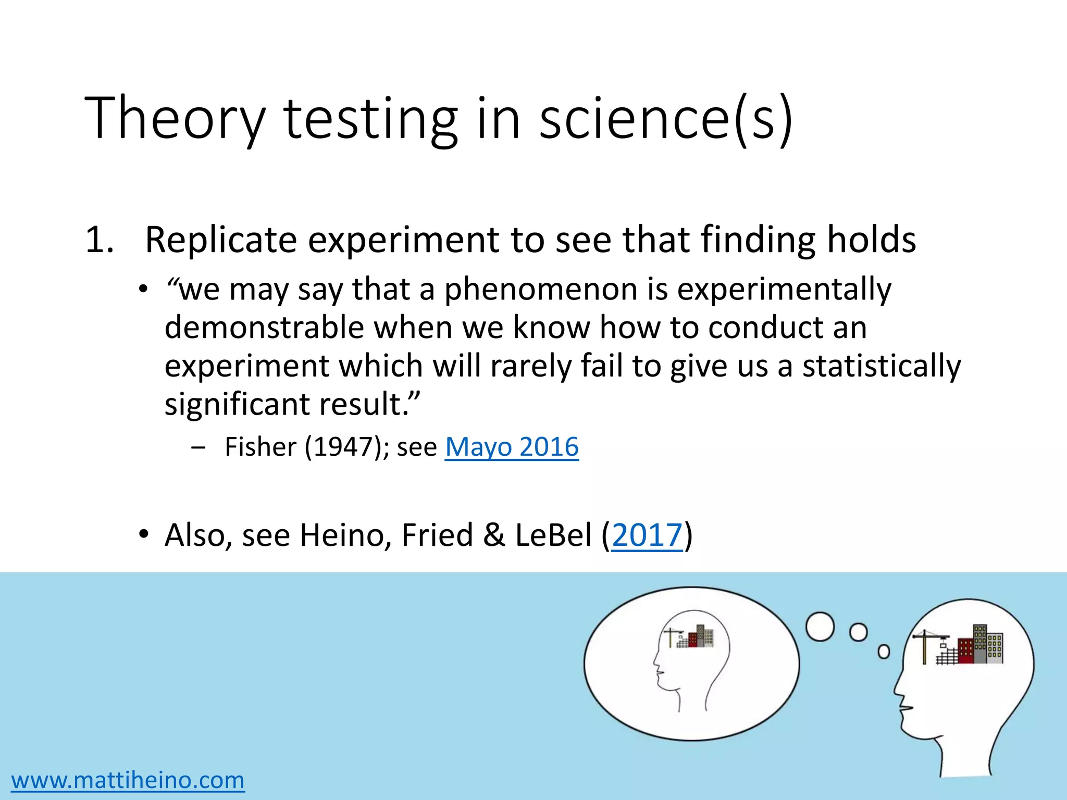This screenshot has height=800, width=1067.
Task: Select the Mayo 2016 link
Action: [512, 447]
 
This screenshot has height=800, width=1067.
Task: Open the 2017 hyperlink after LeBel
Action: [647, 535]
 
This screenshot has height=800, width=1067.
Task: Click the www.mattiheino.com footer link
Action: [128, 780]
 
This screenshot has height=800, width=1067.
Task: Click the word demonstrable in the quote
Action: [264, 328]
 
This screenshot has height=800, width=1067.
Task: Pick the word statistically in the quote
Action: [882, 366]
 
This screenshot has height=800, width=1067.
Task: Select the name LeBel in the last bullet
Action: [553, 535]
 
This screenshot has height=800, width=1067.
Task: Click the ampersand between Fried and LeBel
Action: [494, 535]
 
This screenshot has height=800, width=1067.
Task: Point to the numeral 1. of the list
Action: [99, 240]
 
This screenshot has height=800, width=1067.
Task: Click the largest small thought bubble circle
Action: [820, 627]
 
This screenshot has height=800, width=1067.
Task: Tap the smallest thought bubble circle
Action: [884, 652]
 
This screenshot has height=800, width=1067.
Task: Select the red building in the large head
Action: [965, 651]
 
